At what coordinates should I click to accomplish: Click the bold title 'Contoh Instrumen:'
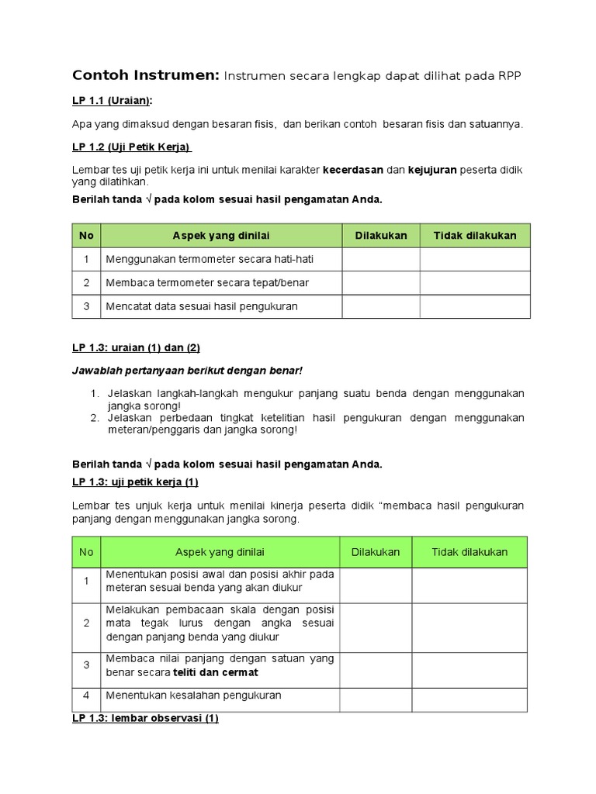click(144, 75)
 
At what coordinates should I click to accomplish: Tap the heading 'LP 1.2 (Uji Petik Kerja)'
click(132, 147)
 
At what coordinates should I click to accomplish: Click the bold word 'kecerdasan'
click(353, 169)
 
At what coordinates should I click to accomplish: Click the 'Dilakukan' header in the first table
click(381, 236)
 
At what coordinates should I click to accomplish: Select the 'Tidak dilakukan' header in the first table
click(475, 236)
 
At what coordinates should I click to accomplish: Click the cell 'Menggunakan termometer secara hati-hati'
click(210, 259)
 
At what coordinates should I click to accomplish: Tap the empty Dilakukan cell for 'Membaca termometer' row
click(381, 282)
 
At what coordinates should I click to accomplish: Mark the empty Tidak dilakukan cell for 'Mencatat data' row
click(475, 306)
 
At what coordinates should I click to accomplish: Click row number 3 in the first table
click(86, 306)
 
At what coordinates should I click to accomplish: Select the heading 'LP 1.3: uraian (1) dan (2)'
click(136, 348)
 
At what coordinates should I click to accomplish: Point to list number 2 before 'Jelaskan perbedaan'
click(92, 418)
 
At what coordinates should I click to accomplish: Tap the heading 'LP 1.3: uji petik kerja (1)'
click(136, 482)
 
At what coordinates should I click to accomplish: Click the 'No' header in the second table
click(86, 552)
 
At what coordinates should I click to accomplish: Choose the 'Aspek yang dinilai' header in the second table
click(220, 552)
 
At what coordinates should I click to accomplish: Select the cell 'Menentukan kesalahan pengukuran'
click(193, 696)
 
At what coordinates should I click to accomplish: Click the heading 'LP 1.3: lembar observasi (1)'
click(145, 719)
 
